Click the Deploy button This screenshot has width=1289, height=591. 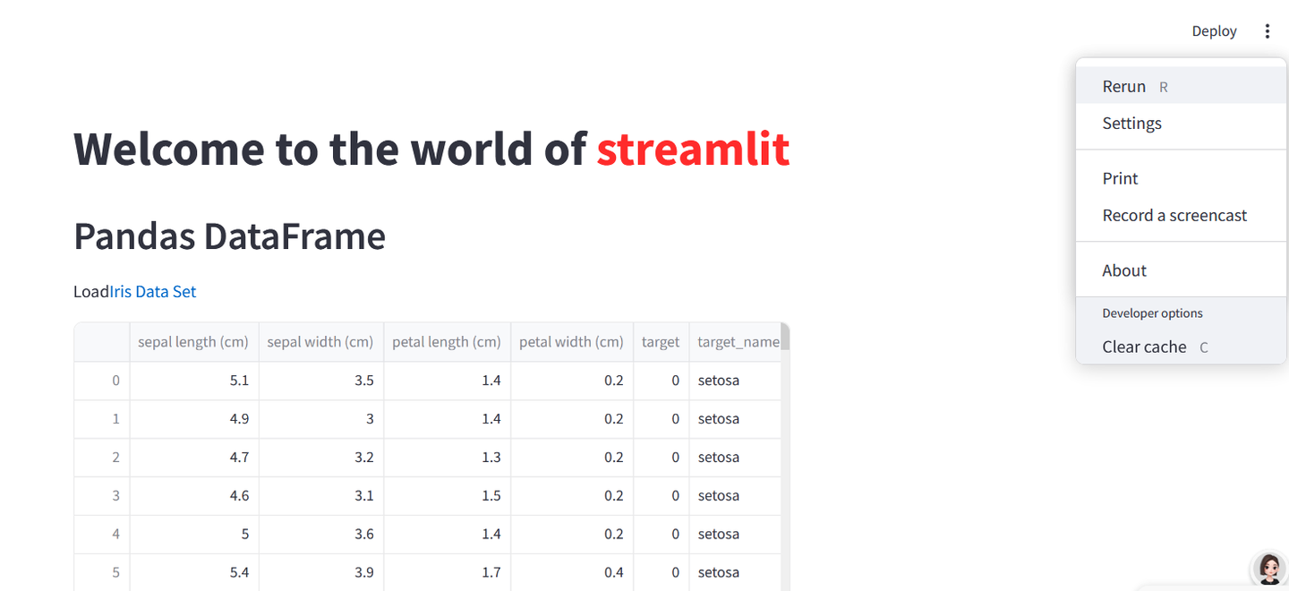[1214, 31]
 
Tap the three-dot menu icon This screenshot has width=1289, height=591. [1267, 31]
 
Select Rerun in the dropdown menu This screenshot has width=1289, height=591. [1124, 87]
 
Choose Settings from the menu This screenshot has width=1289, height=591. [1131, 124]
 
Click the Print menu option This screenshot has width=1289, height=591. [1120, 178]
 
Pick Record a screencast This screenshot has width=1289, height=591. [1174, 216]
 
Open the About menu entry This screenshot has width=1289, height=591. [1124, 270]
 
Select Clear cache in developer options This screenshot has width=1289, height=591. [1144, 347]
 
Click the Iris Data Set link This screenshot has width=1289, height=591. [153, 292]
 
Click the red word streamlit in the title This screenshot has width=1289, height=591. [693, 149]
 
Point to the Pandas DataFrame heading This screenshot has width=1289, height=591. [229, 236]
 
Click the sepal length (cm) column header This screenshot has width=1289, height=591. [193, 342]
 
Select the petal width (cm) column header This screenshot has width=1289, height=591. [571, 342]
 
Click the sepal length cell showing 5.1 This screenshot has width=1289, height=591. [239, 381]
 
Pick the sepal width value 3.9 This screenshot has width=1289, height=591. [363, 572]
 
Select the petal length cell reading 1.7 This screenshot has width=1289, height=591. [491, 572]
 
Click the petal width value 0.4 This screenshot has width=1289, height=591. [613, 572]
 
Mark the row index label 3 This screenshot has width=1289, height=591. [115, 495]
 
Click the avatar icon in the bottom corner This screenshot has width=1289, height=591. [1268, 569]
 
